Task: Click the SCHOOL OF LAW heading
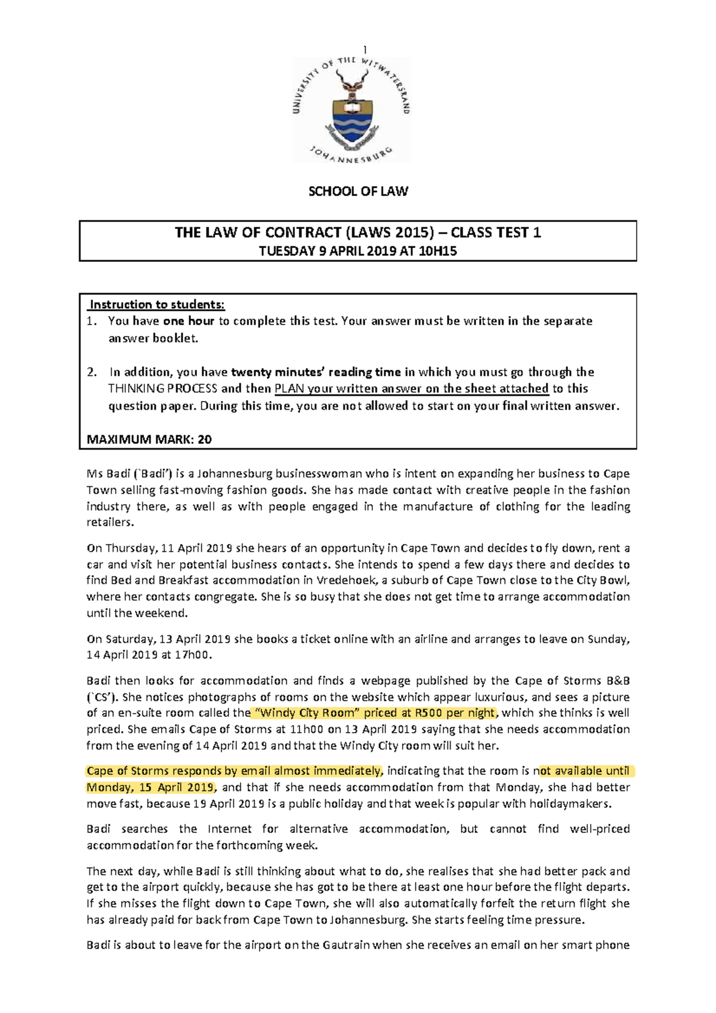tap(358, 192)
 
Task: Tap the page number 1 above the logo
tap(365, 50)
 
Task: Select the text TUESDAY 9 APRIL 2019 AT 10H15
tap(358, 251)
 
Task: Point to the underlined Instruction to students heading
tap(157, 305)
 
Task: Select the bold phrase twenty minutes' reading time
tap(316, 372)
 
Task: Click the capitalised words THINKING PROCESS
tap(162, 389)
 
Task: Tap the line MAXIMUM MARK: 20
tap(149, 440)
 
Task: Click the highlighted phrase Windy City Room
tap(304, 713)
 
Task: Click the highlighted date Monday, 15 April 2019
tap(150, 787)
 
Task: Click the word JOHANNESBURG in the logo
tap(351, 155)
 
